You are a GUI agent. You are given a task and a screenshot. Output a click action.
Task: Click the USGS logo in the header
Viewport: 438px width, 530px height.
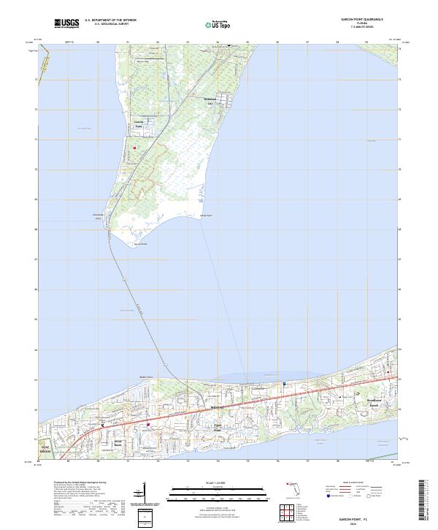pos(67,23)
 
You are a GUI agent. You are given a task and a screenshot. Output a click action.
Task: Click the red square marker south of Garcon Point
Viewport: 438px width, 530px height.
pos(134,148)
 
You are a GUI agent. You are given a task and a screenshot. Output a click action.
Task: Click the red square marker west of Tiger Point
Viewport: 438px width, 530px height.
pos(148,425)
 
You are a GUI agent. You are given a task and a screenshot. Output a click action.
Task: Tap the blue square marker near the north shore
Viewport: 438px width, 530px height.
pos(284,383)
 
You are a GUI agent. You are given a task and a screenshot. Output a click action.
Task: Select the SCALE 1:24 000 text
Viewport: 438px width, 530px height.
pos(207,482)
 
